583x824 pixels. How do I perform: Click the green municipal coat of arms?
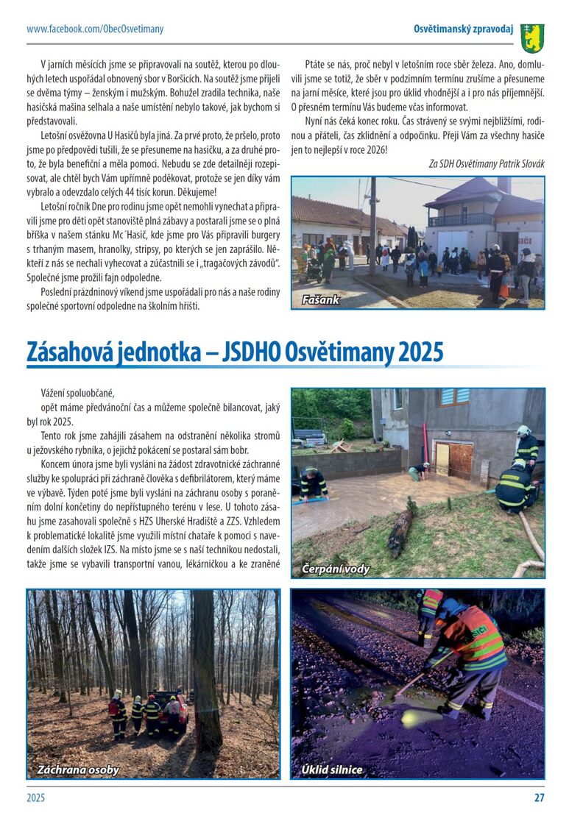[x=532, y=36]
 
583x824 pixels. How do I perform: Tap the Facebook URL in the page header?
[x=95, y=29]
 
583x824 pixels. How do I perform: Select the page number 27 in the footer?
[x=539, y=797]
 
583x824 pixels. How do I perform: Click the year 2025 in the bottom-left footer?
[x=36, y=797]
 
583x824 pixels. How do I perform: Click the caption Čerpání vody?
[x=336, y=569]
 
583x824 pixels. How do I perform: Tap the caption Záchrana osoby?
[x=78, y=770]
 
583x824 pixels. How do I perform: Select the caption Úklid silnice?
[x=332, y=770]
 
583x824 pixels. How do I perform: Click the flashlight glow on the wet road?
[x=409, y=717]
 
